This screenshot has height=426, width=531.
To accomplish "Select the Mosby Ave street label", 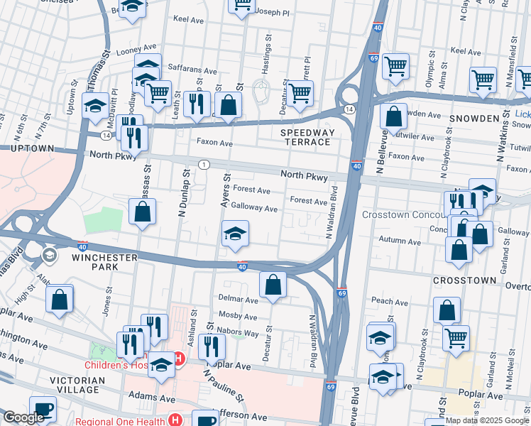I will [x=238, y=314].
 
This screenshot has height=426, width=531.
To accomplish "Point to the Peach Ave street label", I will [x=390, y=302].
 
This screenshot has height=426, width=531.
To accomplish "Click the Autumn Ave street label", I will [x=397, y=240].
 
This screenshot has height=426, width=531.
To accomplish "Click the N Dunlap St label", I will [x=184, y=192].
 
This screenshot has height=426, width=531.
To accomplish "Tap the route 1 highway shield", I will [x=204, y=165].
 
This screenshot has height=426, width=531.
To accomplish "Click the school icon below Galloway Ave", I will [x=235, y=234].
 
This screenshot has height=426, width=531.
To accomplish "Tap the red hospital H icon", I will [x=180, y=359].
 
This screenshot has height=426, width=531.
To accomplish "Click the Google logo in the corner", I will [x=23, y=417].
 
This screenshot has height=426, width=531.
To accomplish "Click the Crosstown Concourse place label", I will [x=405, y=214].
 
